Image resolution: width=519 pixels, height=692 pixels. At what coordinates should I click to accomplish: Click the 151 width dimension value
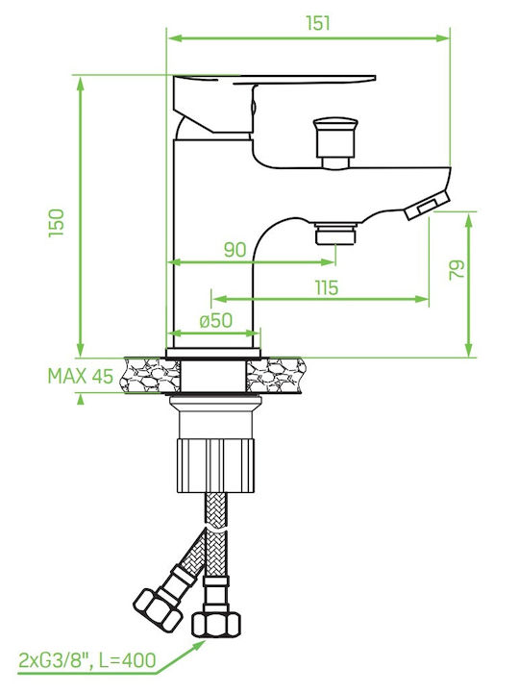(x=318, y=23)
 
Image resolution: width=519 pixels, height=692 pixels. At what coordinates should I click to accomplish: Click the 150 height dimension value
(x=57, y=223)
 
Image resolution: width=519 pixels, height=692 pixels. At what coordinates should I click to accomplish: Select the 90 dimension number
(x=235, y=250)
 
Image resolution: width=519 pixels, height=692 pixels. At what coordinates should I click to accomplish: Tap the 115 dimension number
(x=327, y=287)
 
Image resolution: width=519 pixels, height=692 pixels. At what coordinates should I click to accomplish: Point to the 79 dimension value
(x=457, y=270)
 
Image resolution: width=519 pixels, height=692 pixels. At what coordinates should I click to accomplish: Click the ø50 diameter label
(x=215, y=321)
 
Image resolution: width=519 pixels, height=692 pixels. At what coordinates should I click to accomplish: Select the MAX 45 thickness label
(x=81, y=376)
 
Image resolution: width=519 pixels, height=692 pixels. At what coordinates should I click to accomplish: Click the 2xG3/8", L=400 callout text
(x=87, y=660)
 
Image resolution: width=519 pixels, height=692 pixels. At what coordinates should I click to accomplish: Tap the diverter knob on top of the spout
(x=334, y=142)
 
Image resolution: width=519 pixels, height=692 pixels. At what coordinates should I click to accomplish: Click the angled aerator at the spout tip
(x=427, y=206)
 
